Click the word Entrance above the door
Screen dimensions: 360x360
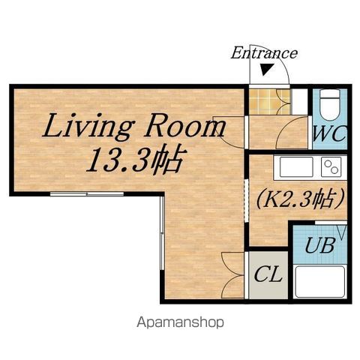point(264,53)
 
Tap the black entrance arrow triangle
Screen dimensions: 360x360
point(267,70)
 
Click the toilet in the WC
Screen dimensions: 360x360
point(330,105)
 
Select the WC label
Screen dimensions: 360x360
point(329,134)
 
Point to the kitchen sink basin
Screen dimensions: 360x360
point(296,166)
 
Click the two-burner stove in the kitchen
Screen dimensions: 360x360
point(331,166)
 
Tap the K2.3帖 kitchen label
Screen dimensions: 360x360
point(300,199)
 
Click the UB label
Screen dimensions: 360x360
point(319,245)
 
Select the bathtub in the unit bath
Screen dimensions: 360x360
point(320,281)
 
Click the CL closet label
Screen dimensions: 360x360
point(268,274)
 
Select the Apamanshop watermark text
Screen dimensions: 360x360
point(180,322)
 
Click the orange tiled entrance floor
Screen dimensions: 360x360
point(270,102)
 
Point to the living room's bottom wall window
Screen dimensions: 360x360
point(87,193)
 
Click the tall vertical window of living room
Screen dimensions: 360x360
point(162,233)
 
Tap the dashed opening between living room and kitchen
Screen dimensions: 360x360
point(247,200)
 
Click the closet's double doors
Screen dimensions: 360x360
point(233,275)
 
